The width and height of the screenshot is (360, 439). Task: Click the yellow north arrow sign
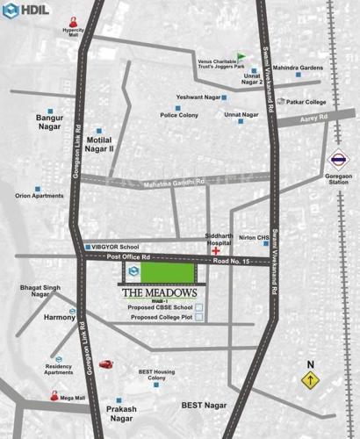pos(309,380)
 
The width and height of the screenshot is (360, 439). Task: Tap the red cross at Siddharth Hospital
pos(215,251)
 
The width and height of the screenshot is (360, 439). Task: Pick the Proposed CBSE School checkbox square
pos(198,306)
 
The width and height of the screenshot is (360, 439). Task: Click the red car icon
pos(106,363)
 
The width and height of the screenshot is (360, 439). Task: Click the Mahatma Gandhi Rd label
pos(176,182)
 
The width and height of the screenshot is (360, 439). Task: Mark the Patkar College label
pos(307,102)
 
